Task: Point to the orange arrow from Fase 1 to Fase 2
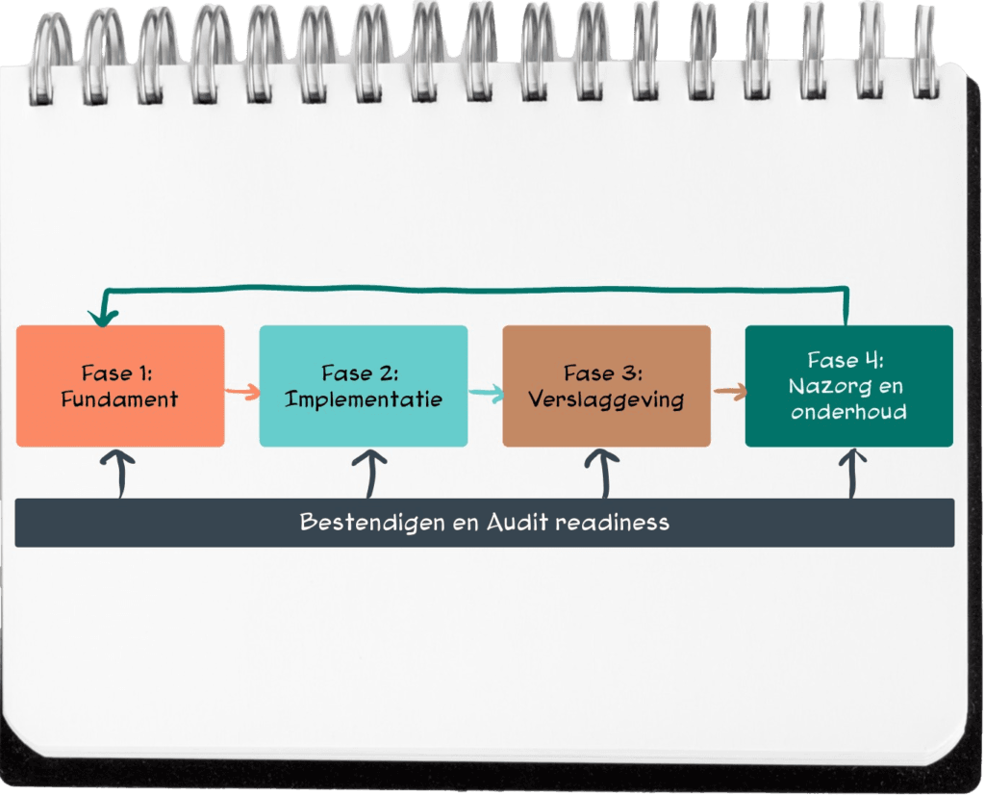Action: click(242, 391)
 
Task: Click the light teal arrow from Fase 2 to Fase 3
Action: click(486, 392)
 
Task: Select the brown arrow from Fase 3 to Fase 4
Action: click(729, 392)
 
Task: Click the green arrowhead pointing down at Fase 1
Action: click(98, 317)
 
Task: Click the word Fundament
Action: click(119, 398)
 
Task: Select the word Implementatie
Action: click(364, 398)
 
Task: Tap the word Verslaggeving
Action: click(606, 398)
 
